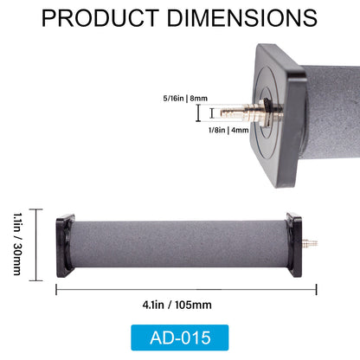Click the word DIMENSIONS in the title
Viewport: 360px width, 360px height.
[245, 18]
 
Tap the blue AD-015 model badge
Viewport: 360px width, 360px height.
[180, 337]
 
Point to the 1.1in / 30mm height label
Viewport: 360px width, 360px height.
[18, 246]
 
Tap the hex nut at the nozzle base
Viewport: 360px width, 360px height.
[252, 113]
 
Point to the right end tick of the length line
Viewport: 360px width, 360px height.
[317, 290]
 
